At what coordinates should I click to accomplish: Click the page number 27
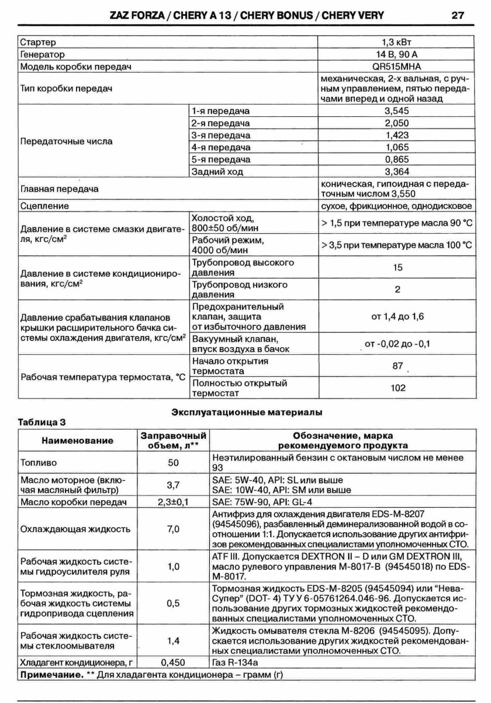(458, 15)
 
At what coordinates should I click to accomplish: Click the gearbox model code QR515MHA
(396, 67)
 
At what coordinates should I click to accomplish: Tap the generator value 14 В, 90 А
(396, 55)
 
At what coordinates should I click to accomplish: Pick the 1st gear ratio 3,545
(396, 111)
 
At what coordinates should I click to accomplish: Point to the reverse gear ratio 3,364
(396, 172)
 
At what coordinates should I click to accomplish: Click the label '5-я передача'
(220, 160)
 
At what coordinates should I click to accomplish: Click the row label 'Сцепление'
(44, 206)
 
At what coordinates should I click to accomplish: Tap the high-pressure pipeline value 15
(398, 267)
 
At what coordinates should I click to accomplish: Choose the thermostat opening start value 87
(398, 366)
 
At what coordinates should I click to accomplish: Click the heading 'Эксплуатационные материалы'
(247, 413)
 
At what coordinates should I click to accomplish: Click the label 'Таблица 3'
(41, 422)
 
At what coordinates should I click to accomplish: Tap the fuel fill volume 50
(173, 462)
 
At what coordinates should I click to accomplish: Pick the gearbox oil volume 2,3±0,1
(173, 501)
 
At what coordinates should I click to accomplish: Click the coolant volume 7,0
(173, 529)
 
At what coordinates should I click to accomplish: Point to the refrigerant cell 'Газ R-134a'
(237, 663)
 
